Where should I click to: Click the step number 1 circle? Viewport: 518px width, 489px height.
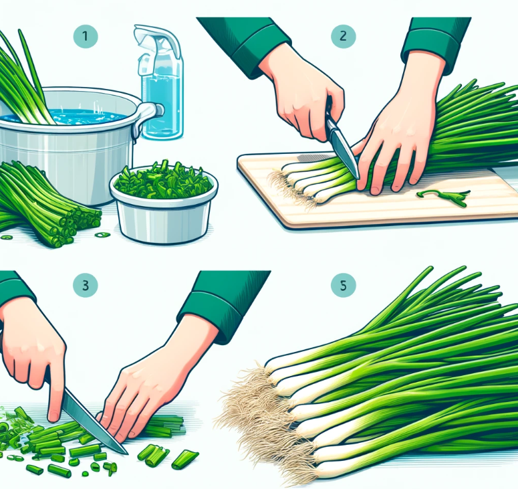pos(86,35)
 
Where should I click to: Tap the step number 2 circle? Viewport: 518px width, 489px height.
pos(344,35)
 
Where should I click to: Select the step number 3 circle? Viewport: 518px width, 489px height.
pos(86,285)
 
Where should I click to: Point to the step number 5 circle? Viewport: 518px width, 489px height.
pos(344,285)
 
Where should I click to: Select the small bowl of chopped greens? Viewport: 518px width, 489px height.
pos(164,203)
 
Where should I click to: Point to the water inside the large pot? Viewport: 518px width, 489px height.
pos(66,116)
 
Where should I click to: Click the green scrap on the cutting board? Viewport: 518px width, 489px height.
pos(444,197)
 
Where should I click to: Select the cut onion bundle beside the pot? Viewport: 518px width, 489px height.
pos(46,205)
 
